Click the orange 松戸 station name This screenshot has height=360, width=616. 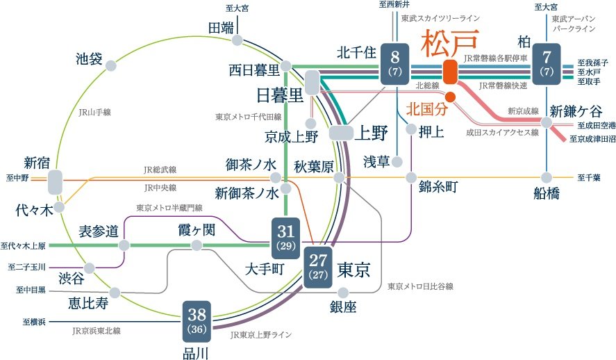(x=449, y=44)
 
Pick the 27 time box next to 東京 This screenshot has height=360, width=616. (x=317, y=265)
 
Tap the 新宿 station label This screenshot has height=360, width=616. (x=38, y=163)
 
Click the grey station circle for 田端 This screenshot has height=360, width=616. (x=238, y=40)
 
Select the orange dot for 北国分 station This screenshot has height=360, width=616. (x=450, y=97)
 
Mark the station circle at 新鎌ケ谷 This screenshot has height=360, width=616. (x=547, y=123)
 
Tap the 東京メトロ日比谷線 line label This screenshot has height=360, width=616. (x=421, y=286)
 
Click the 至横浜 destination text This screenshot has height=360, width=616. (x=34, y=322)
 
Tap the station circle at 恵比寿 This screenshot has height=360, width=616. (x=115, y=293)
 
